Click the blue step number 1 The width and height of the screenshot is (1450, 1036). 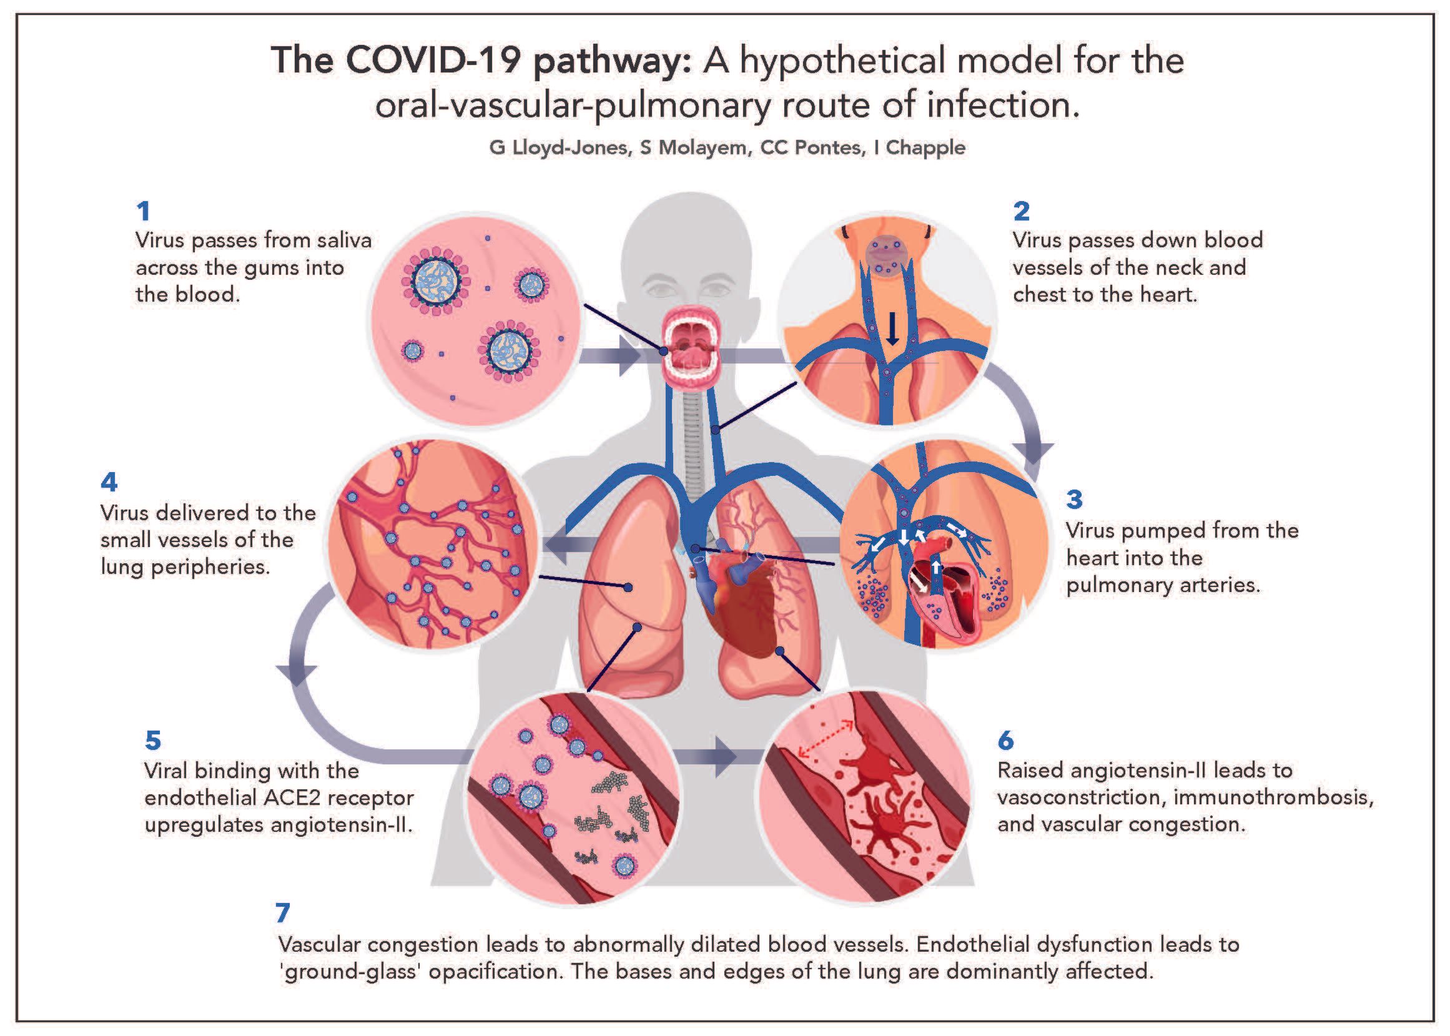coord(143,211)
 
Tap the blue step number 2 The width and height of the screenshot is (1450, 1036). coord(1022,211)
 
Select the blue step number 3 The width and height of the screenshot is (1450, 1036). coord(1074,500)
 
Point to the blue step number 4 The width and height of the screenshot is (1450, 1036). coord(109,481)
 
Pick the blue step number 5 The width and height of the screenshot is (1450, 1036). coord(153,740)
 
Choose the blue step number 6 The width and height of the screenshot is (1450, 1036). coord(1005,740)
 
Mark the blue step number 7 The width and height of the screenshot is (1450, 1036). coord(283,913)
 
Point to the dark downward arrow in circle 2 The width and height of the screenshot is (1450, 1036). coord(892,328)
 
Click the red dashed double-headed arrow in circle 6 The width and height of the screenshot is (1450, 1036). coord(827,740)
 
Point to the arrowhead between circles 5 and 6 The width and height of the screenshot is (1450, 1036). coord(726,757)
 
